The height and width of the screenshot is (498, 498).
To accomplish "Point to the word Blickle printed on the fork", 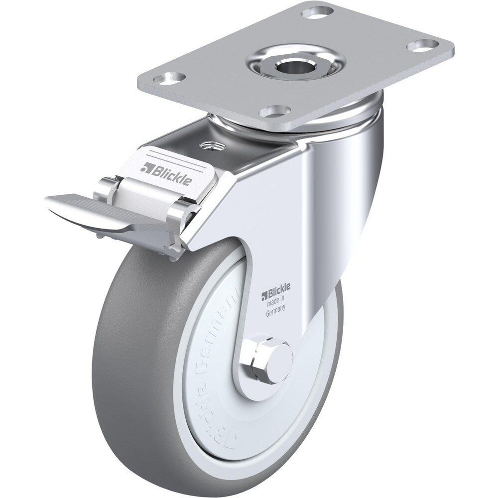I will coord(282,287).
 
